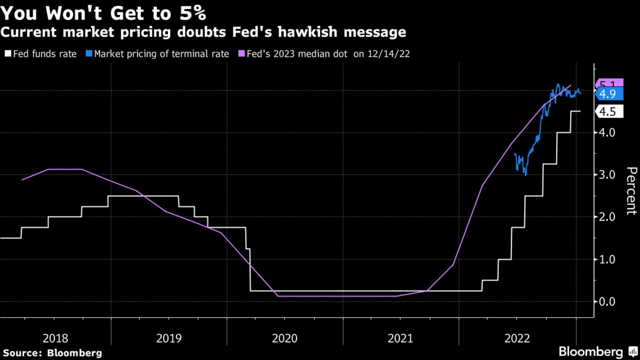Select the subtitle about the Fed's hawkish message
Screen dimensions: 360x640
pyautogui.click(x=203, y=32)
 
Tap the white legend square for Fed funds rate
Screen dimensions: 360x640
pyautogui.click(x=8, y=54)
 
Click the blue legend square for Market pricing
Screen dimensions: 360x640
pyautogui.click(x=89, y=54)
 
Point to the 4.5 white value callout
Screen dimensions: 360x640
pyautogui.click(x=610, y=111)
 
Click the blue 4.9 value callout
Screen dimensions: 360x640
pyautogui.click(x=610, y=94)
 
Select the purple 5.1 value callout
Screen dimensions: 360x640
pyautogui.click(x=610, y=83)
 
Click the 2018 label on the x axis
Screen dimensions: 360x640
pyautogui.click(x=55, y=339)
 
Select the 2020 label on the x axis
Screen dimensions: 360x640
pyautogui.click(x=284, y=339)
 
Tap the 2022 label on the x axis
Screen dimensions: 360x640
pyautogui.click(x=517, y=339)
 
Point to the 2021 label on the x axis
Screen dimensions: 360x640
pyautogui.click(x=400, y=339)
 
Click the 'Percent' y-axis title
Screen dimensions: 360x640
pyautogui.click(x=631, y=191)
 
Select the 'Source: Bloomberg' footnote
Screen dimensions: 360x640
pyautogui.click(x=52, y=353)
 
